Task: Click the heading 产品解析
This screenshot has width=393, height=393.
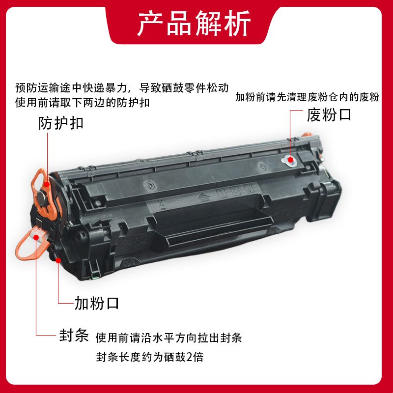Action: pyautogui.click(x=194, y=24)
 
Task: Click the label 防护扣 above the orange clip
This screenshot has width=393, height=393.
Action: pyautogui.click(x=61, y=123)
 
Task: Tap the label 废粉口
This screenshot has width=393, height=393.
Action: pyautogui.click(x=329, y=115)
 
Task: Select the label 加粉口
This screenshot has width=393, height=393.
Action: pyautogui.click(x=97, y=303)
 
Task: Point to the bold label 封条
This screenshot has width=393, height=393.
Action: pyautogui.click(x=74, y=335)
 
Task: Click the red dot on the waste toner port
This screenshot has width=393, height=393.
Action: pyautogui.click(x=290, y=159)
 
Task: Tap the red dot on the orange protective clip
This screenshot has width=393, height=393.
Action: pyautogui.click(x=47, y=185)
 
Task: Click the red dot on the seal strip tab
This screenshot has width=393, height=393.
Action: pyautogui.click(x=36, y=237)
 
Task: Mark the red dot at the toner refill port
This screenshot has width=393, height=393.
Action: pyautogui.click(x=58, y=260)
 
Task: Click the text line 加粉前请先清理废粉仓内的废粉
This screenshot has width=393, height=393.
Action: pyautogui.click(x=308, y=97)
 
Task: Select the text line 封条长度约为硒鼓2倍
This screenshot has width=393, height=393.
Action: pyautogui.click(x=150, y=357)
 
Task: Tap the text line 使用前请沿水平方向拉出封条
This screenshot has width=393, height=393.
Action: pyautogui.click(x=168, y=337)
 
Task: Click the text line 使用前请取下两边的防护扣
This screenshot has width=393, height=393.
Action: pyautogui.click(x=82, y=103)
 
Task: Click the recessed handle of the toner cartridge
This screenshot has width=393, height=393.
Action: pyautogui.click(x=213, y=225)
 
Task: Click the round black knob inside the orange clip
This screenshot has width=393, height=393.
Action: pyautogui.click(x=42, y=199)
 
